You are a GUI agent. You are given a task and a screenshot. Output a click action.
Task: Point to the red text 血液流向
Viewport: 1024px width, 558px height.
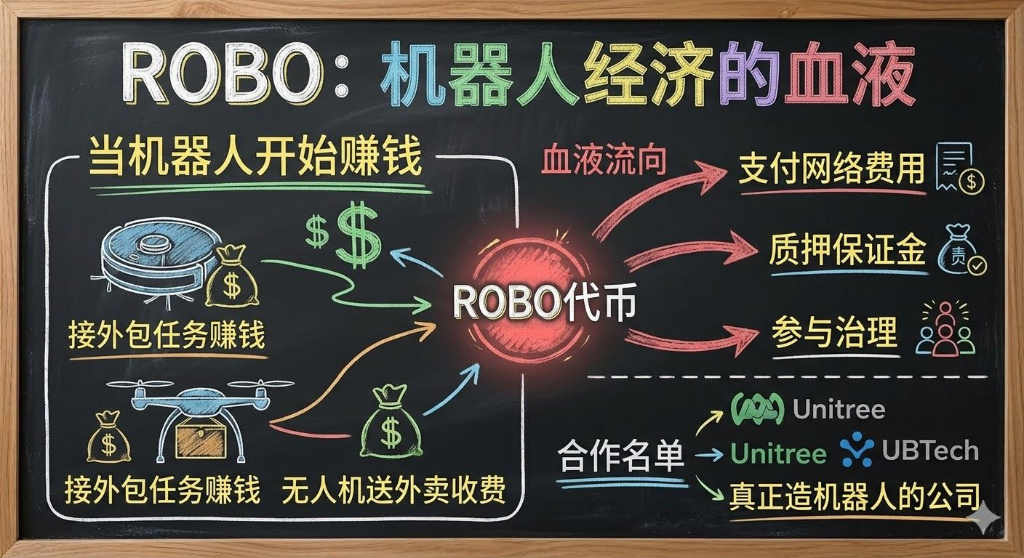coord(603,161)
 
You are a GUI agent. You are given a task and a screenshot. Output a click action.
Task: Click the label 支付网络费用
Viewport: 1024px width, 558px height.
coord(831,170)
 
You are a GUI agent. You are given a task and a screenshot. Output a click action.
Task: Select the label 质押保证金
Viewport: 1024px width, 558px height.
coord(847,251)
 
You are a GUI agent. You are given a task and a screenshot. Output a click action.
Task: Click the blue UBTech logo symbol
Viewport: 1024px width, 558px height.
coord(857,451)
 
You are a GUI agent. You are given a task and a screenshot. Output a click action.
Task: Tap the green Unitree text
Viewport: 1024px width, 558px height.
coord(778,454)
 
